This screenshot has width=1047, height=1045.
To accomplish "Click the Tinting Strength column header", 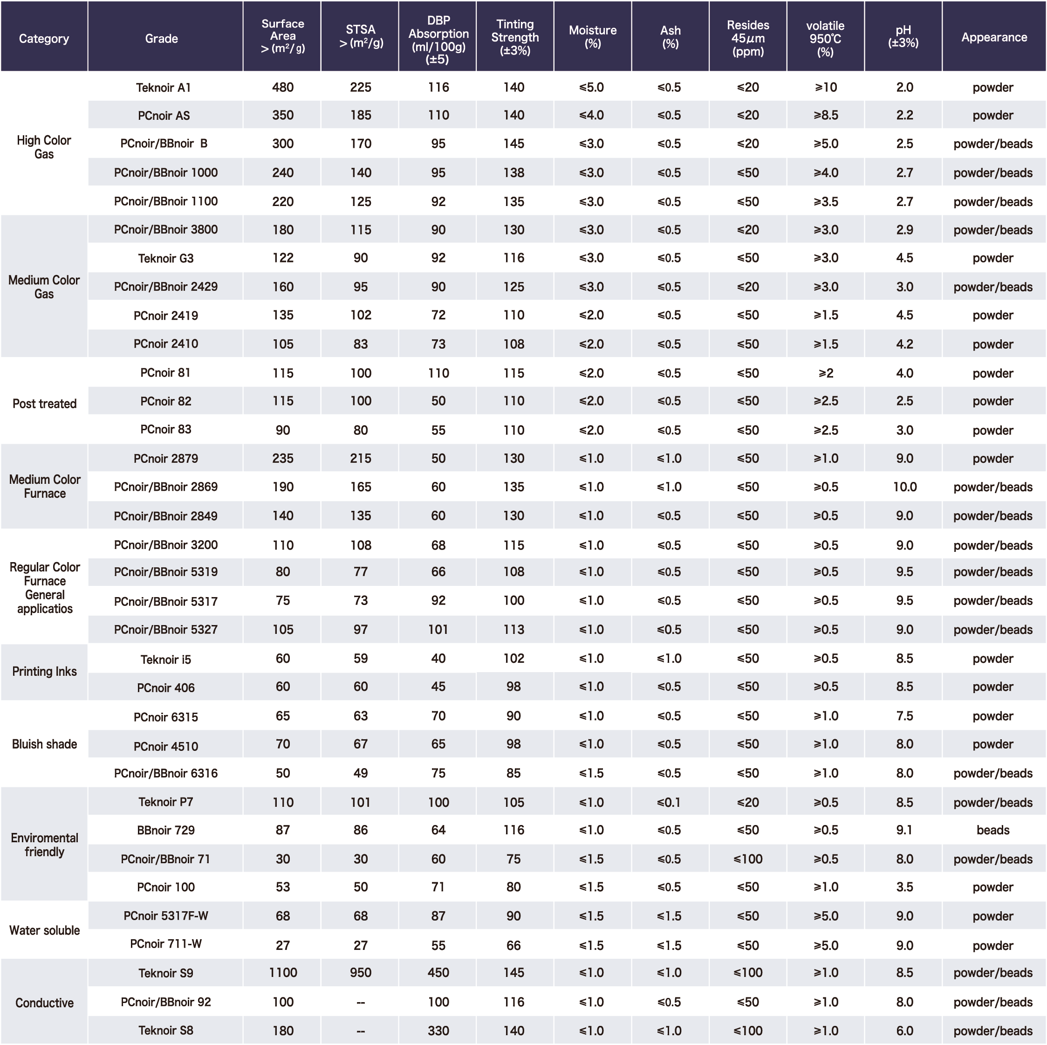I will (514, 37).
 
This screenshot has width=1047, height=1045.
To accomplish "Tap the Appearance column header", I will (993, 37).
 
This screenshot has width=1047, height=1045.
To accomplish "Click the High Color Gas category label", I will (44, 147).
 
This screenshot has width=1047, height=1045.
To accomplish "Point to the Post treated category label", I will (44, 404).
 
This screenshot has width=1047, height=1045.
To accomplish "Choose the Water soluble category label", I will (44, 930).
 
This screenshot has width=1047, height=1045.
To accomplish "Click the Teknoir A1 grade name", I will (163, 87).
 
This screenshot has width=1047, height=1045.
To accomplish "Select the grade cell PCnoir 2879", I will (165, 459).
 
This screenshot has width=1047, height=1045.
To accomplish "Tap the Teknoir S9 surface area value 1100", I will (283, 972).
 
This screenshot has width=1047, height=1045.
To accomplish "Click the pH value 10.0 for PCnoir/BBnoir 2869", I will (904, 487).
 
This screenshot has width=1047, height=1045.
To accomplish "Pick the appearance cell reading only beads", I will (993, 830).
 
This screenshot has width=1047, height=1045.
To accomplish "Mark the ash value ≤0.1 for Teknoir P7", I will (669, 802).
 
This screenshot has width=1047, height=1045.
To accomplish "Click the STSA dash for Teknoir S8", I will (360, 1031).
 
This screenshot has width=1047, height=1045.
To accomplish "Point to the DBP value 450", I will (438, 972).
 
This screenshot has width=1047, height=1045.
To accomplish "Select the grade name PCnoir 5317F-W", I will (165, 915).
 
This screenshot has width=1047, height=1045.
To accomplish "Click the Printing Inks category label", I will (44, 672).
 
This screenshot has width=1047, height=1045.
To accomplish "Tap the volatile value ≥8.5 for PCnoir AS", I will (825, 115).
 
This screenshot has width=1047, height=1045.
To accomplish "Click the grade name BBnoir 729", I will (165, 830).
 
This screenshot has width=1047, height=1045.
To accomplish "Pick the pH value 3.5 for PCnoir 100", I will (904, 887).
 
